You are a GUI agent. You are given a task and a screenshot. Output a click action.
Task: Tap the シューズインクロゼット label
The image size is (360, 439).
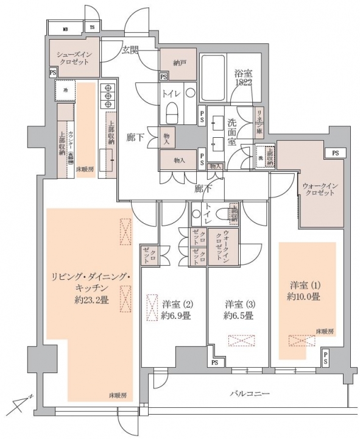pos(75,58)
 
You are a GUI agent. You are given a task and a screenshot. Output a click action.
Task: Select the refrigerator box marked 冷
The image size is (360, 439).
pos(66,91)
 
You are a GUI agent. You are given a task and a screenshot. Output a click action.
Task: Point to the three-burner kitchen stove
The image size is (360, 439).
pos(107,95)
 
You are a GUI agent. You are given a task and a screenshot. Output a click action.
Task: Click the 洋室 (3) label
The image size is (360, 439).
pos(239,303)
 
